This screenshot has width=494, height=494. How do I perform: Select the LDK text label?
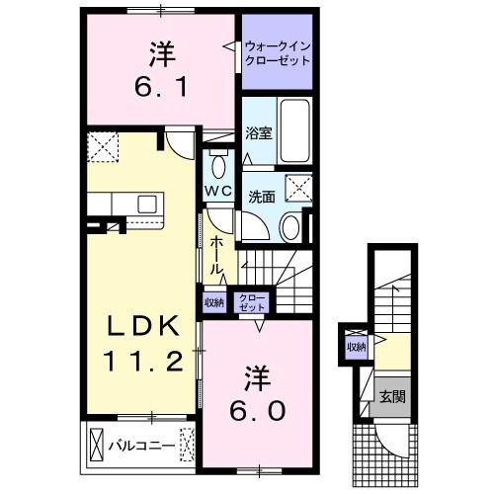pos(142,325)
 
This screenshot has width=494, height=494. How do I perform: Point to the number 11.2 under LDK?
pos(142,362)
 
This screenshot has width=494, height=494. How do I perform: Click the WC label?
pos(217,190)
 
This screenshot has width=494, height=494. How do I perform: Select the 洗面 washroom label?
pos(261,196)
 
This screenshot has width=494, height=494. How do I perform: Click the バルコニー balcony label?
pos(148,446)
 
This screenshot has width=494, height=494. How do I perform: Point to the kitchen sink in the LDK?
pos(147,204)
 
